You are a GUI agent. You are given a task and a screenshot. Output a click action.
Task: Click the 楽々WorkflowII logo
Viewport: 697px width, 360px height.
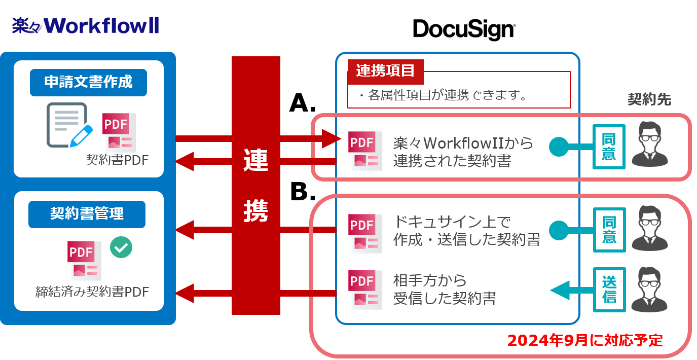pos(85,25)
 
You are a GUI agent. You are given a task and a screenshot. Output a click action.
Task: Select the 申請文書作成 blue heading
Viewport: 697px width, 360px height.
pos(88,82)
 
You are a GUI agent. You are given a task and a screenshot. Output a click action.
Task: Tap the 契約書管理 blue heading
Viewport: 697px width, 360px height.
pos(87,214)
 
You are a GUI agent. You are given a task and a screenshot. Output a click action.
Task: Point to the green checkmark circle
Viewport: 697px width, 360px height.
pos(121,247)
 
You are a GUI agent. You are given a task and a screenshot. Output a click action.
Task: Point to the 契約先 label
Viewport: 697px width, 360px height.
pos(649,99)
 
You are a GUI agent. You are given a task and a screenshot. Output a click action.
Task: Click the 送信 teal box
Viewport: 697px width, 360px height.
pos(609,290)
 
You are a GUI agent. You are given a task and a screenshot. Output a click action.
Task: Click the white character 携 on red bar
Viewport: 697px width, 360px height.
pos(255,209)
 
